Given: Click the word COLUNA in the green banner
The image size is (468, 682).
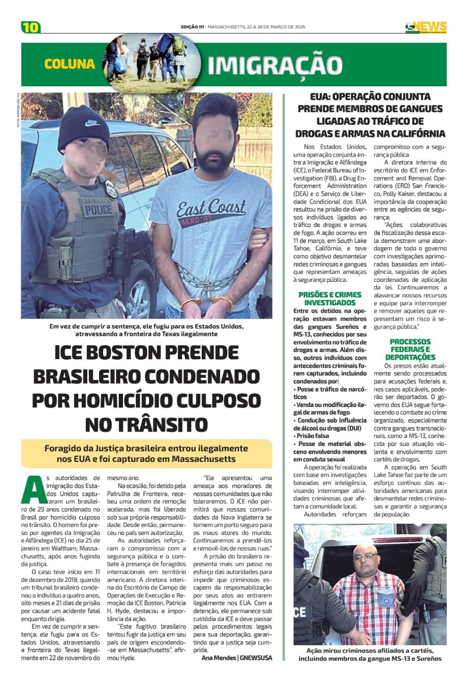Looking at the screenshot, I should [x=70, y=64].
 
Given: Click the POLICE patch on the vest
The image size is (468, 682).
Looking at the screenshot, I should [x=97, y=209].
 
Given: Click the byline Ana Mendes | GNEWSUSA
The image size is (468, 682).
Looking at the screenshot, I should [x=236, y=657].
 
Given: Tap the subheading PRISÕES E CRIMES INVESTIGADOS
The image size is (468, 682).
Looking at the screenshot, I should [x=330, y=298].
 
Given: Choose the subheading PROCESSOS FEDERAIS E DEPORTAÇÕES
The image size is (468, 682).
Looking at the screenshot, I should [x=410, y=349].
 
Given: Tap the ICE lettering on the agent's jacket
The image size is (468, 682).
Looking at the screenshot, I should [x=300, y=611].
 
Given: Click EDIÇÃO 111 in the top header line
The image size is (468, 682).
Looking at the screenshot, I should [x=193, y=27].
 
